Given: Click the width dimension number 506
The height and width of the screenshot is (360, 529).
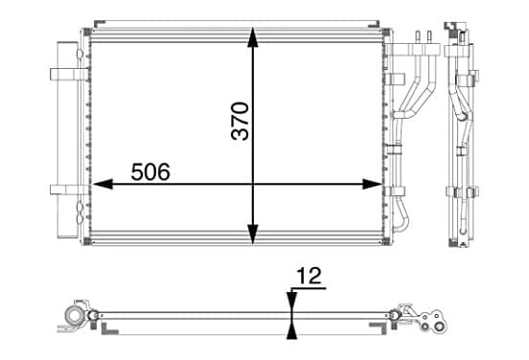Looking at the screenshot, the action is [150, 171].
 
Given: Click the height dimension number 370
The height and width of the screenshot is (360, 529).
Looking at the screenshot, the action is [240, 121].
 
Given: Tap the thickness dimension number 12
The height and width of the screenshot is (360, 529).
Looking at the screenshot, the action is [309, 276].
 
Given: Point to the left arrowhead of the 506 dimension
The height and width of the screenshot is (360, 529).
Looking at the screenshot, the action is [103, 184].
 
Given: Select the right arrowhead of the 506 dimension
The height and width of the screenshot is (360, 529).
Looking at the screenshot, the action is [372, 184].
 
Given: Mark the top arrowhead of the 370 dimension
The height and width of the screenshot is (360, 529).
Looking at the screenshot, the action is [253, 37].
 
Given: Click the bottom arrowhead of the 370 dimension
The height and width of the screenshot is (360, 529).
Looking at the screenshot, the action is [253, 234].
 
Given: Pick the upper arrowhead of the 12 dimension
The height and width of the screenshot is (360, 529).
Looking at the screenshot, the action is [292, 302].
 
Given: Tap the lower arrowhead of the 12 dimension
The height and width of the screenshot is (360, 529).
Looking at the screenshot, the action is [292, 328].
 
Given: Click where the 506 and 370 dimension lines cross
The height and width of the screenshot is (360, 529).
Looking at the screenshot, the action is [253, 184].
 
